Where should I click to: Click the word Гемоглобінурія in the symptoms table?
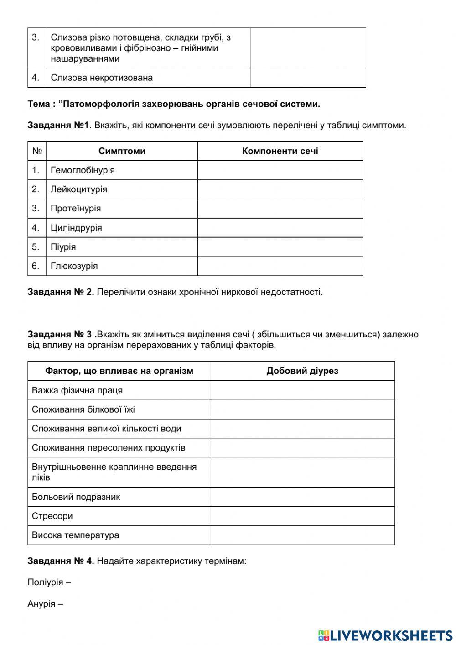83,170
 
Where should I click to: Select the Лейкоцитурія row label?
78,189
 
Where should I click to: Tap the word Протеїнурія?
76,209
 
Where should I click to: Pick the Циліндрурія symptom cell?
76,228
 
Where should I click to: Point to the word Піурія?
63,247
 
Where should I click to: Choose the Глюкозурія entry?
74,266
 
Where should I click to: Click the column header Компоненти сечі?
280,151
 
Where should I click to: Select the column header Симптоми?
122,151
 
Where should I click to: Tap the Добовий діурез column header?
302,371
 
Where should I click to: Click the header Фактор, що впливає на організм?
119,371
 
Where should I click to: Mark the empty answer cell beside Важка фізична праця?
302,391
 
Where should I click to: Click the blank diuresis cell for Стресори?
302,516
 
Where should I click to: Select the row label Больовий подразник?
76,497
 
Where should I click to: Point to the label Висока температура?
75,535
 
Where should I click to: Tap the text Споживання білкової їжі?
83,410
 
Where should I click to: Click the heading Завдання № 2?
61,292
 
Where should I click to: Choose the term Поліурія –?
49,582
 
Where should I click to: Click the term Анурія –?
45,604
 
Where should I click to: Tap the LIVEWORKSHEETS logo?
385,635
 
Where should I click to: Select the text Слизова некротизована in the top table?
102,78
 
